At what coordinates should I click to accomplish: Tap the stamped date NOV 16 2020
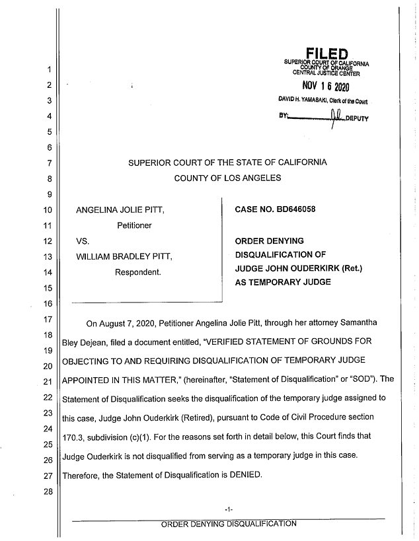(325, 87)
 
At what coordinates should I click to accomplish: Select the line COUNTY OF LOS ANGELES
(227, 177)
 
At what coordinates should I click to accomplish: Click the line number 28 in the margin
(49, 491)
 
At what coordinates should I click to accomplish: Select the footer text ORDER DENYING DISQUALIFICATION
(229, 524)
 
